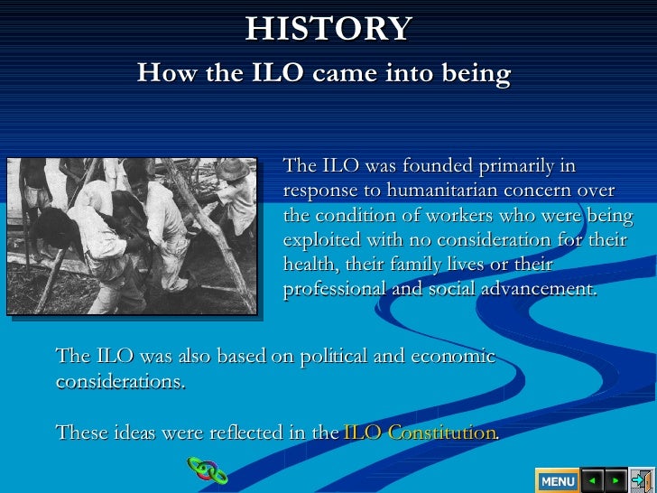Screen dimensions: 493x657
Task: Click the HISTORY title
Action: tap(328, 29)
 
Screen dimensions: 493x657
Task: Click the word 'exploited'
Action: tap(320, 241)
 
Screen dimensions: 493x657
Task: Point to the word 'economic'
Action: tap(453, 357)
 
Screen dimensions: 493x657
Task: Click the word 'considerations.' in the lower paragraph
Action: tap(120, 382)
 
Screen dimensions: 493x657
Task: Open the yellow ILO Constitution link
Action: tap(421, 433)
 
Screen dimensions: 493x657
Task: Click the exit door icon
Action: tap(642, 479)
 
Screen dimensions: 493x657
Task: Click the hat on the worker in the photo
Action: tap(233, 169)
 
